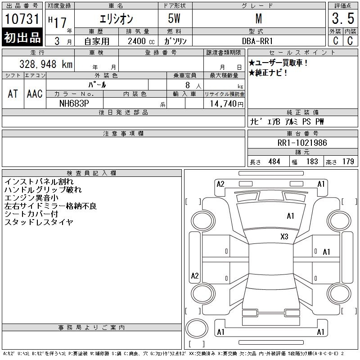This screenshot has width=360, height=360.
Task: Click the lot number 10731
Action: click(x=22, y=19)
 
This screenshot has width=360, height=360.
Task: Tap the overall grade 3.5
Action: click(x=343, y=18)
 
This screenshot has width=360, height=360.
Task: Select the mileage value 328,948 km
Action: click(x=46, y=64)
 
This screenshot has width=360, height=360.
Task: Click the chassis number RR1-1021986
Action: click(x=302, y=143)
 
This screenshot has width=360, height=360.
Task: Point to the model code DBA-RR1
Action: click(x=257, y=41)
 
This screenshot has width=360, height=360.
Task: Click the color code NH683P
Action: click(x=74, y=103)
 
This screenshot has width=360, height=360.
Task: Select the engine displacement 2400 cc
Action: click(x=141, y=41)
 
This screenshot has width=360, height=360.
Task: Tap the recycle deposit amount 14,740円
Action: click(x=226, y=104)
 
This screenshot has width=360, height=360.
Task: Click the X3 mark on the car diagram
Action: click(x=284, y=237)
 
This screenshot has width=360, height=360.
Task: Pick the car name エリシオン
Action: click(x=116, y=19)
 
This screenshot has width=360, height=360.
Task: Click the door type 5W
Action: click(x=174, y=18)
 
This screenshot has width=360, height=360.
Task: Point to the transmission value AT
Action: click(x=13, y=94)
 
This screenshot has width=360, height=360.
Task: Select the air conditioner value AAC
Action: click(x=35, y=94)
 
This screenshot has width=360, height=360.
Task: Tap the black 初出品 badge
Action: click(x=22, y=37)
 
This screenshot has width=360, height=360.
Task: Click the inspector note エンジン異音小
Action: click(x=31, y=198)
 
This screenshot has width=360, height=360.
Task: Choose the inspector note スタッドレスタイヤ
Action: click(x=39, y=222)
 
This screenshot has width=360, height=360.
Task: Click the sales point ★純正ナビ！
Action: click(x=268, y=73)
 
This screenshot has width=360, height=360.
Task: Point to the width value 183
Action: click(x=312, y=162)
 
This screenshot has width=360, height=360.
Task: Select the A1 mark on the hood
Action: click(x=290, y=216)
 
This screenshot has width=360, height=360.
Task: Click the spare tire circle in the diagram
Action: click(x=197, y=328)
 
